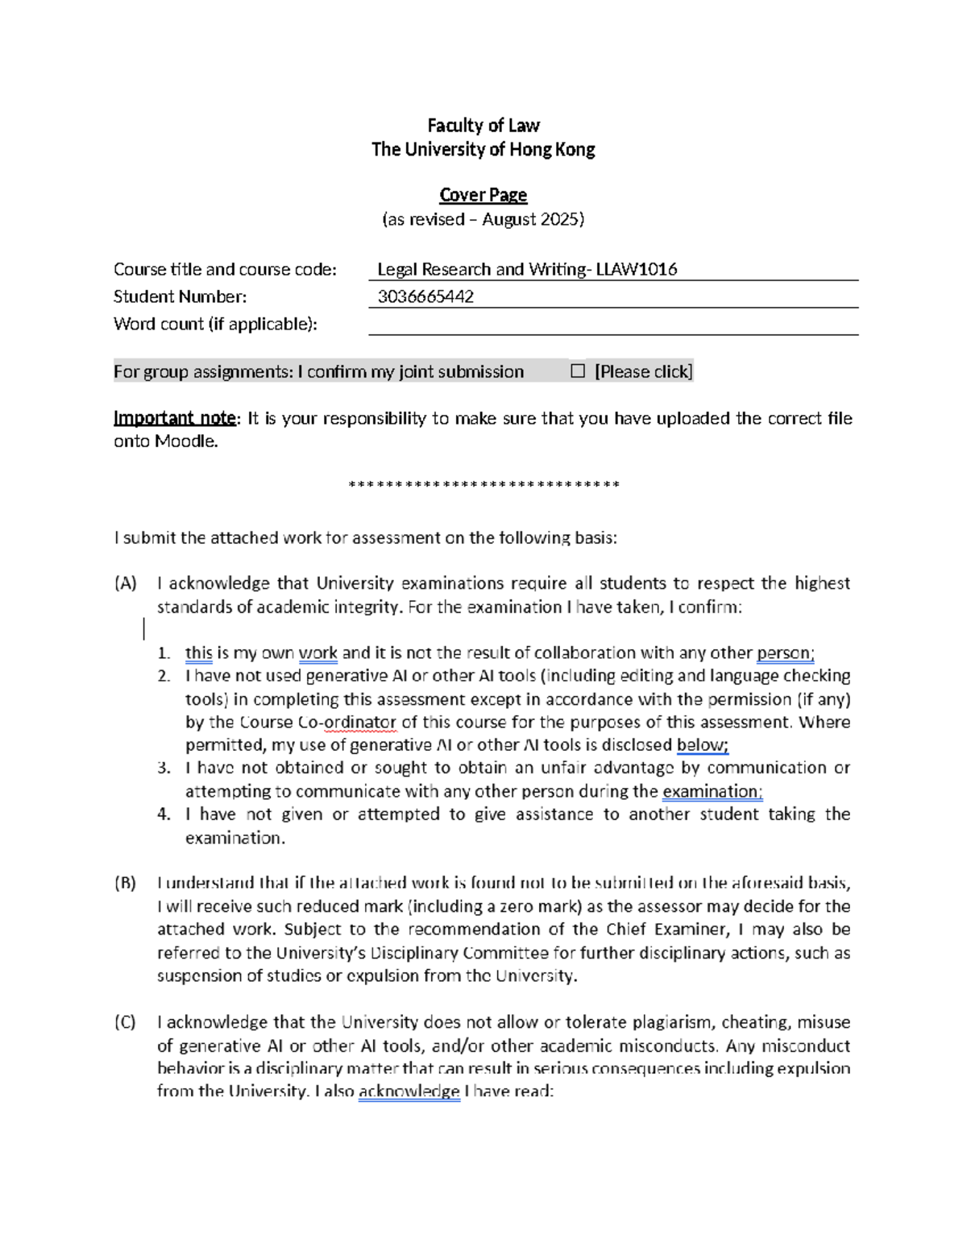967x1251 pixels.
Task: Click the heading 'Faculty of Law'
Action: pyautogui.click(x=483, y=126)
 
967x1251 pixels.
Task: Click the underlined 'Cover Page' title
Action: pyautogui.click(x=483, y=195)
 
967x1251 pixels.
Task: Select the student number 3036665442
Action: pyautogui.click(x=425, y=296)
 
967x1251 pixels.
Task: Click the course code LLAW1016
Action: pyautogui.click(x=637, y=270)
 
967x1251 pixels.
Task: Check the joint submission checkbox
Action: pyautogui.click(x=577, y=371)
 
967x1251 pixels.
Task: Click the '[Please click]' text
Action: pyautogui.click(x=643, y=371)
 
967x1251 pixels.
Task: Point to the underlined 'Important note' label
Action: pyautogui.click(x=174, y=418)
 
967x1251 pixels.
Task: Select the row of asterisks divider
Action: pyautogui.click(x=483, y=485)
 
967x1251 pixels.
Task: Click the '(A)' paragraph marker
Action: pyautogui.click(x=125, y=583)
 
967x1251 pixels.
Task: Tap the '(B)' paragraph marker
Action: pyautogui.click(x=125, y=883)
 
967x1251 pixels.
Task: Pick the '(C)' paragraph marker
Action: pyautogui.click(x=125, y=1022)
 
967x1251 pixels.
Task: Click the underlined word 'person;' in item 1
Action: pyautogui.click(x=786, y=653)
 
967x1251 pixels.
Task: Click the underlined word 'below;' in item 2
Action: pyautogui.click(x=702, y=745)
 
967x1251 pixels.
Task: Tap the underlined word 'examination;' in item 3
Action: pyautogui.click(x=712, y=792)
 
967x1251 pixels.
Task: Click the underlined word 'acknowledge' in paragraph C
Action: pyautogui.click(x=409, y=1092)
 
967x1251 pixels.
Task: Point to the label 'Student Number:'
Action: pyautogui.click(x=180, y=296)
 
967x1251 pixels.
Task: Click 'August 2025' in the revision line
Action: pyautogui.click(x=532, y=219)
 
